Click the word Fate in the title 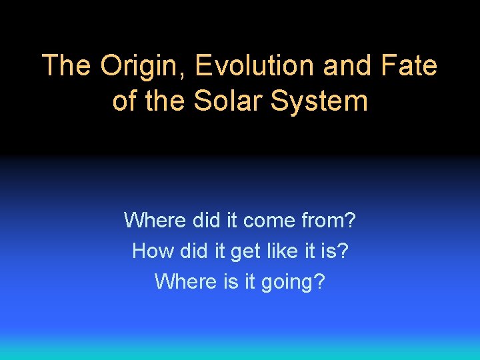[x=411, y=66]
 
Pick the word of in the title [x=124, y=101]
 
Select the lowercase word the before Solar [x=165, y=101]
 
